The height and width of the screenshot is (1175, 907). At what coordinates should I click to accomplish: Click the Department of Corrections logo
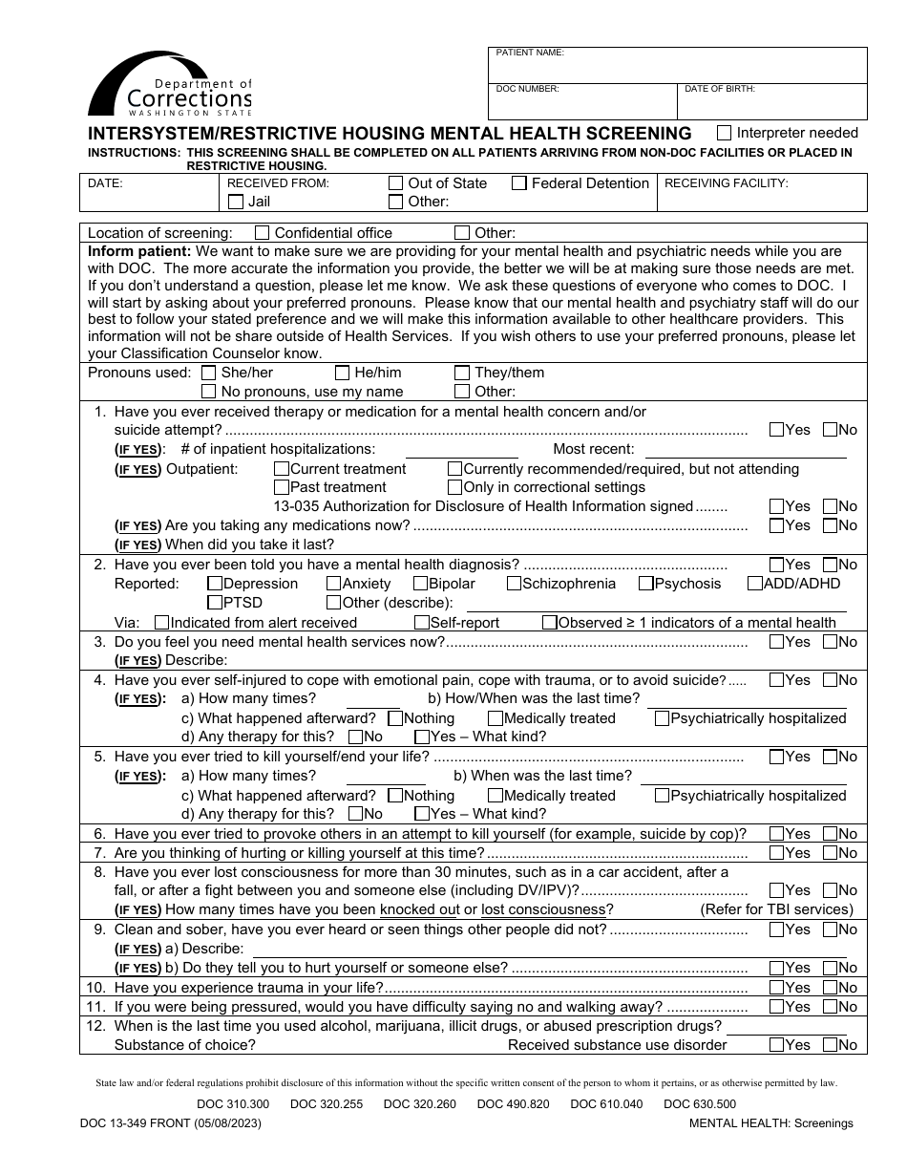click(x=170, y=86)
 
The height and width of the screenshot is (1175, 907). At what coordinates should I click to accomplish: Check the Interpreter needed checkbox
click(x=725, y=133)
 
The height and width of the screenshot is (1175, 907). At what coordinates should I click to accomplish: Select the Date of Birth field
click(x=772, y=102)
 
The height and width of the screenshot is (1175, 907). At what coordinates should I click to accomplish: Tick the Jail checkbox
click(x=236, y=202)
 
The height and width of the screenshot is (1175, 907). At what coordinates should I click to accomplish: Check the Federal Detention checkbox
click(x=519, y=183)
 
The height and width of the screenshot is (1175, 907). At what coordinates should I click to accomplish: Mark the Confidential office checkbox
click(x=263, y=232)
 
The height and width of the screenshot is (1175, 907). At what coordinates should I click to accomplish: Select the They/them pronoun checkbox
click(x=462, y=373)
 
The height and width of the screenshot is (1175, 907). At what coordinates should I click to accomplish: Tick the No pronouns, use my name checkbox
click(x=208, y=392)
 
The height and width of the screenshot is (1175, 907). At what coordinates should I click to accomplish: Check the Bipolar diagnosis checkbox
click(x=420, y=584)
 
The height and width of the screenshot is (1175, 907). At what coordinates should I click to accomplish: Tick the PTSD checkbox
click(x=215, y=603)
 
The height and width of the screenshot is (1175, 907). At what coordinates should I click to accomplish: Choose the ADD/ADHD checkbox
click(x=755, y=584)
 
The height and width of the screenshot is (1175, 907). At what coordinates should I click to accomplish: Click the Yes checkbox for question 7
click(x=776, y=853)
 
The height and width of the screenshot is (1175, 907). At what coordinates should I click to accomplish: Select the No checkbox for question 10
click(x=830, y=988)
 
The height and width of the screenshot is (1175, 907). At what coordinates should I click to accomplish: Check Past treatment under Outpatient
click(x=282, y=487)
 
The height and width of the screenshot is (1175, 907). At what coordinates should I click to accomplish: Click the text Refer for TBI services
click(x=776, y=909)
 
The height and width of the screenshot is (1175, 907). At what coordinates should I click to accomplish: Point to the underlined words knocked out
click(x=419, y=909)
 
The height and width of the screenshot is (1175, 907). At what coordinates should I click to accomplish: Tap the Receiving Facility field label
click(x=726, y=183)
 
